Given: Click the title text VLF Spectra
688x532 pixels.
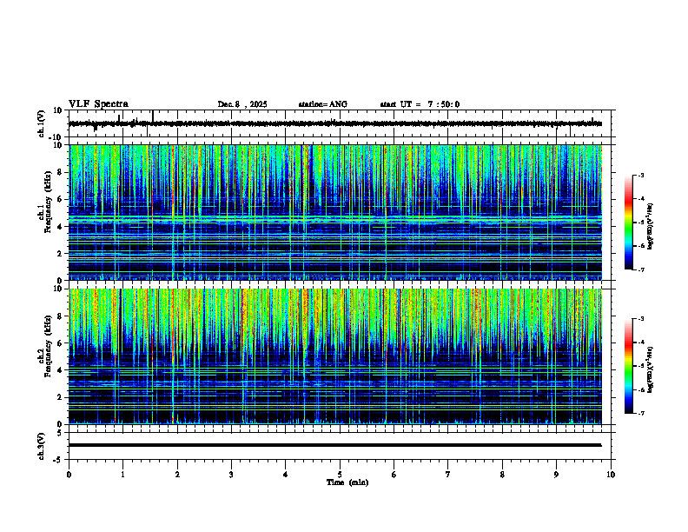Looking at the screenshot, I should click(98, 103).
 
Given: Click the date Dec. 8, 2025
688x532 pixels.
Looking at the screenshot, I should click(242, 104).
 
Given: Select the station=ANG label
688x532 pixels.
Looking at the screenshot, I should click(322, 104).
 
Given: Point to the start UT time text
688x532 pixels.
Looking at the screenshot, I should click(420, 104).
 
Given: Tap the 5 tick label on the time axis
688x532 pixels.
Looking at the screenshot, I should click(340, 474).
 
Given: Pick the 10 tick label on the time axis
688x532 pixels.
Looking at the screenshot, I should click(611, 474).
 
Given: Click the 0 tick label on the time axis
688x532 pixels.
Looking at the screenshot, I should click(69, 474).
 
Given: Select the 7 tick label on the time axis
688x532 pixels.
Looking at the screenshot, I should click(448, 474).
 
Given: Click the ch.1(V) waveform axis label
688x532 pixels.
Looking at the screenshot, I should click(42, 123).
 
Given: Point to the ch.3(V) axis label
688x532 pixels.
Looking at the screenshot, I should click(42, 444).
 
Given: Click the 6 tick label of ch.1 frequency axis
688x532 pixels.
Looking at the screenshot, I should click(59, 199).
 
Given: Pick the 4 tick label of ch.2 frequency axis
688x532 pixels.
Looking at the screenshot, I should click(59, 370).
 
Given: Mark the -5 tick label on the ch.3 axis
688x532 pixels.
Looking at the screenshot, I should click(57, 458).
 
